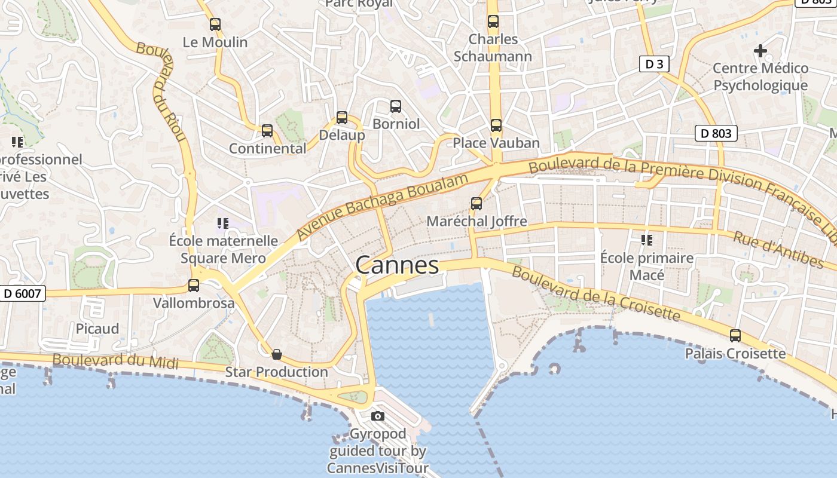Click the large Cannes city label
(x=397, y=265)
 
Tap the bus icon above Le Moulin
(x=215, y=24)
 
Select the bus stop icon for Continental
(x=267, y=130)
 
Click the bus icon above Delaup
(x=342, y=117)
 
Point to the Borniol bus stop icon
(x=396, y=106)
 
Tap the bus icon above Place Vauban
(x=496, y=125)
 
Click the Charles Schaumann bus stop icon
(x=493, y=22)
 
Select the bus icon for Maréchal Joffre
(x=476, y=204)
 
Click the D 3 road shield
(x=653, y=64)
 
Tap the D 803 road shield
(x=716, y=133)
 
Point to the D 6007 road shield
(x=23, y=293)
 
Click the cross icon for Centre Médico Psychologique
(x=760, y=51)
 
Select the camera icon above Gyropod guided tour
(x=378, y=416)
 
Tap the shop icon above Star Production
(x=277, y=354)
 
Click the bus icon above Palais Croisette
(x=735, y=336)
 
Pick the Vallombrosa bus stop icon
(x=194, y=286)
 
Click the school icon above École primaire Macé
(x=646, y=240)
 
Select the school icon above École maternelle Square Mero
(x=223, y=223)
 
